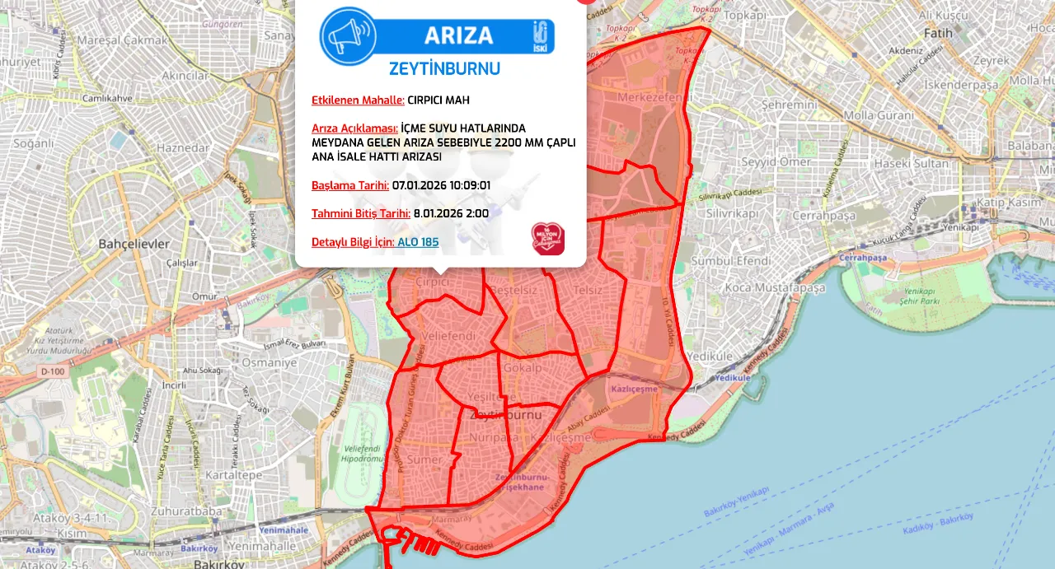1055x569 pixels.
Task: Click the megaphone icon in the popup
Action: click(x=348, y=35)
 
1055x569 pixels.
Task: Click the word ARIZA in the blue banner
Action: click(x=458, y=35)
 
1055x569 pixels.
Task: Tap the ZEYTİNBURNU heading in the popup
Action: click(x=444, y=68)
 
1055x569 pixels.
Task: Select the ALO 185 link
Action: click(x=418, y=242)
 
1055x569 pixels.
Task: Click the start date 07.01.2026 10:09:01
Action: click(x=441, y=185)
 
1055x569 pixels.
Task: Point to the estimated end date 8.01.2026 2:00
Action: click(x=451, y=213)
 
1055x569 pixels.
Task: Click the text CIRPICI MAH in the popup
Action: click(x=438, y=100)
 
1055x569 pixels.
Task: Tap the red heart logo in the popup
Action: click(x=547, y=239)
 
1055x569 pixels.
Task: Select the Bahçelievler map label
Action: click(x=134, y=244)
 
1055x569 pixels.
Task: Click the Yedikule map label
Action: click(x=710, y=356)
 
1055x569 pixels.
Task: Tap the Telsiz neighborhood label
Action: click(x=588, y=290)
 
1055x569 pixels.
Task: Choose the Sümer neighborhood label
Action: click(x=425, y=459)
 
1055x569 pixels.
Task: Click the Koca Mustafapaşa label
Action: click(x=776, y=288)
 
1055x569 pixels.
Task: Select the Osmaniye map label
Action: click(x=274, y=362)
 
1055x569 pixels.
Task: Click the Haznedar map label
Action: click(x=183, y=148)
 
